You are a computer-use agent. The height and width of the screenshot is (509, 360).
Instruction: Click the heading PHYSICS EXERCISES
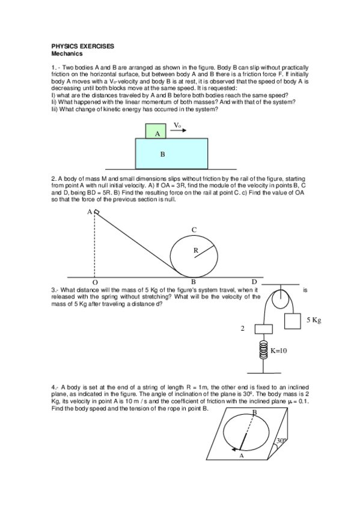(83, 46)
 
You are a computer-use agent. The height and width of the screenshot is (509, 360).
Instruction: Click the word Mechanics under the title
(66, 53)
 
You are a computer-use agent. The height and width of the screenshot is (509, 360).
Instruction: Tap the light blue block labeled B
(171, 154)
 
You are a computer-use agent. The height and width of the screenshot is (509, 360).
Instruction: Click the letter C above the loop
(194, 230)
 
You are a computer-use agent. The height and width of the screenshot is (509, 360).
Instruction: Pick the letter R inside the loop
(196, 251)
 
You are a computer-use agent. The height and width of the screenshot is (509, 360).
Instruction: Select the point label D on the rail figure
(254, 282)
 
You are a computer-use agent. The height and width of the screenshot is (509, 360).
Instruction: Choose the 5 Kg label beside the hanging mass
(314, 320)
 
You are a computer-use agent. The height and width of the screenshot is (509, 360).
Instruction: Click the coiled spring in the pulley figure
(263, 349)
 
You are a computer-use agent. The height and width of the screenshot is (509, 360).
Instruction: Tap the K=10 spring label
(279, 350)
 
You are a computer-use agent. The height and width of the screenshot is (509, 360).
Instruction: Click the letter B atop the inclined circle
(254, 412)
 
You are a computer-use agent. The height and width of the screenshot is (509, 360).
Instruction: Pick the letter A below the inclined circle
(241, 456)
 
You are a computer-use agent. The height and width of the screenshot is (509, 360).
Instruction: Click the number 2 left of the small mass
(243, 329)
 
